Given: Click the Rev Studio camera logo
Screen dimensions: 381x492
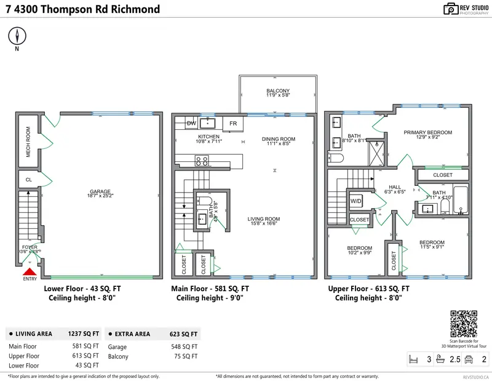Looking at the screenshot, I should [x=451, y=9].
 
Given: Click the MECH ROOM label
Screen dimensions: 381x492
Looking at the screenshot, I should [x=28, y=141].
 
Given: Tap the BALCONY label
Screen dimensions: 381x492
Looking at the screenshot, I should [x=277, y=91].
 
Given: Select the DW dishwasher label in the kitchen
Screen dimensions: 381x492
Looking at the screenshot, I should [x=191, y=123].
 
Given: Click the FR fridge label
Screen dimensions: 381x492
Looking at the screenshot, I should [x=233, y=124].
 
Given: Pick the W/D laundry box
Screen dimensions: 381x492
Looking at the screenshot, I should [x=356, y=201].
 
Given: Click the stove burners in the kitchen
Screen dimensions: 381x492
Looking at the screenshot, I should [x=202, y=161].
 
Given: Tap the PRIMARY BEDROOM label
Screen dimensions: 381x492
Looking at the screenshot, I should [x=428, y=132].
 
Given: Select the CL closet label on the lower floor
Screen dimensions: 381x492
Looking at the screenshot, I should [x=28, y=180].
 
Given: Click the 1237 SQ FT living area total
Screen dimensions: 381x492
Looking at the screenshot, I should [x=83, y=334].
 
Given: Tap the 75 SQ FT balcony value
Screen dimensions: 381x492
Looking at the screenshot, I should [x=188, y=356].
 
